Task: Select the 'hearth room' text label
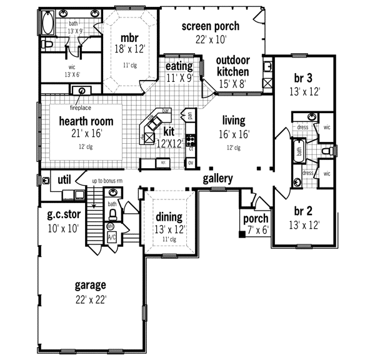click(86, 120)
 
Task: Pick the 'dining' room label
click(169, 217)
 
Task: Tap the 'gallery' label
click(217, 179)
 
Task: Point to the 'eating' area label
click(179, 66)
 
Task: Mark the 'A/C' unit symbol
click(112, 237)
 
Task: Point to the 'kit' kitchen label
click(169, 132)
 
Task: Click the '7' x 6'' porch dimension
click(256, 231)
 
